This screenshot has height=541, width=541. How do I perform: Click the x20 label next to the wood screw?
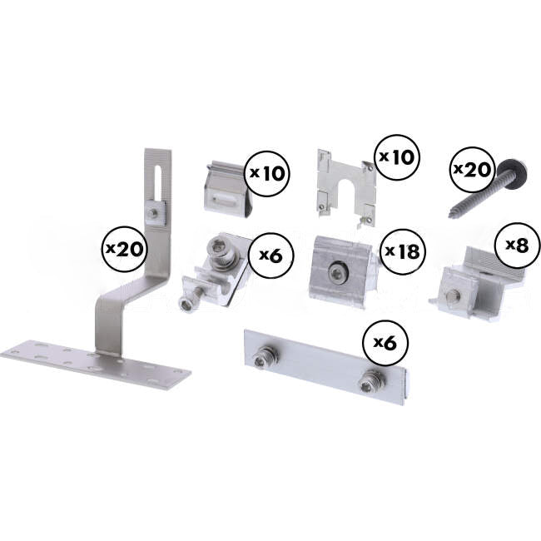(470, 170)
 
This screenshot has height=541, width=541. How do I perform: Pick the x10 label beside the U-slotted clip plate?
(398, 156)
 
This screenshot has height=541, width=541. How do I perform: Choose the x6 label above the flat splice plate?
(384, 341)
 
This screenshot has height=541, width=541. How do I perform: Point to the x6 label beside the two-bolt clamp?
(270, 254)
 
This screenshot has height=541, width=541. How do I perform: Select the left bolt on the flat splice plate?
(264, 359)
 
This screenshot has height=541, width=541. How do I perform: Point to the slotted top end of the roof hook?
(157, 171)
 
